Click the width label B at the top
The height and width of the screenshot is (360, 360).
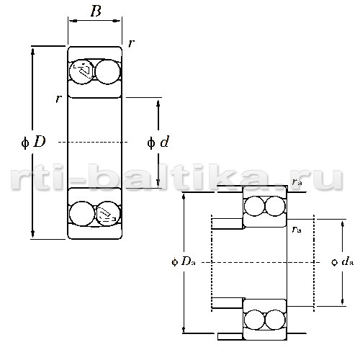point(96,11)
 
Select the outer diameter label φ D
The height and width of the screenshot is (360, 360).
point(33,142)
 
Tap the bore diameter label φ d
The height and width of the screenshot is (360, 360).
point(158,142)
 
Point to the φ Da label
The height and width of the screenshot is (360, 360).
point(184,261)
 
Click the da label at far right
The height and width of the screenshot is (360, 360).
point(343,261)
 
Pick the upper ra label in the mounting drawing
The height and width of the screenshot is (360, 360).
point(297,181)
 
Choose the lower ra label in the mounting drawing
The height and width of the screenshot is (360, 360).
point(297,230)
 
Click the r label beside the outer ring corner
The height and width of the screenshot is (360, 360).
point(131,43)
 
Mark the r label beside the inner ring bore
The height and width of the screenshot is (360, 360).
point(58,99)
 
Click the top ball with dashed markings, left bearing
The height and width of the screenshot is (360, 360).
point(82,71)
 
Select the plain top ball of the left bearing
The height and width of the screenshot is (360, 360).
point(107,72)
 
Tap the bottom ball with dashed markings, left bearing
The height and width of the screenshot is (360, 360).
point(107,213)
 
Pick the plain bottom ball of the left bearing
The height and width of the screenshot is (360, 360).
point(82,213)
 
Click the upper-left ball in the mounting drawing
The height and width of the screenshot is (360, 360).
point(254,206)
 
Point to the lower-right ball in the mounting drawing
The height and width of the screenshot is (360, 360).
point(275,320)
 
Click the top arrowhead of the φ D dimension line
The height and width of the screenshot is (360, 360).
point(32,51)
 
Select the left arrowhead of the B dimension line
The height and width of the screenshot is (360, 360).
point(73,21)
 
